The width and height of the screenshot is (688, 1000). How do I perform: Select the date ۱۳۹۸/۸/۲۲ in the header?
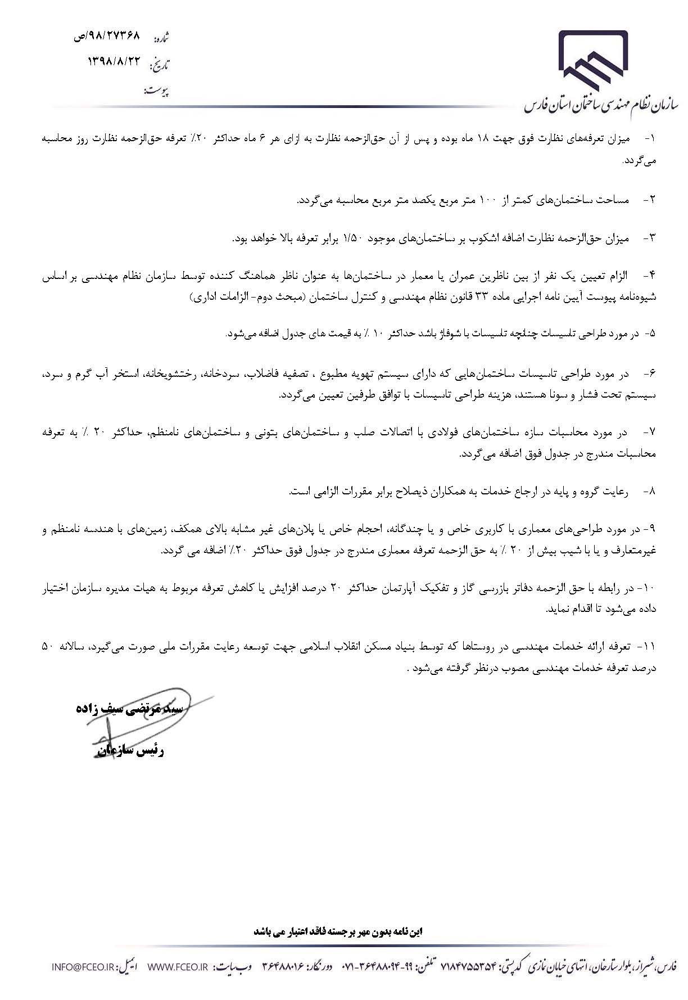113,64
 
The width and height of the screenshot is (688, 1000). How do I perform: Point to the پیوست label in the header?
157,91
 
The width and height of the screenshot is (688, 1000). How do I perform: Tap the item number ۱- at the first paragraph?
650,138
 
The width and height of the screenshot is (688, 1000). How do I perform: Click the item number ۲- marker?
649,200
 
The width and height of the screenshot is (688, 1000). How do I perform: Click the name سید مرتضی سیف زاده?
130,709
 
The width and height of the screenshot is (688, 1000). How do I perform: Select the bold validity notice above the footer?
338,931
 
